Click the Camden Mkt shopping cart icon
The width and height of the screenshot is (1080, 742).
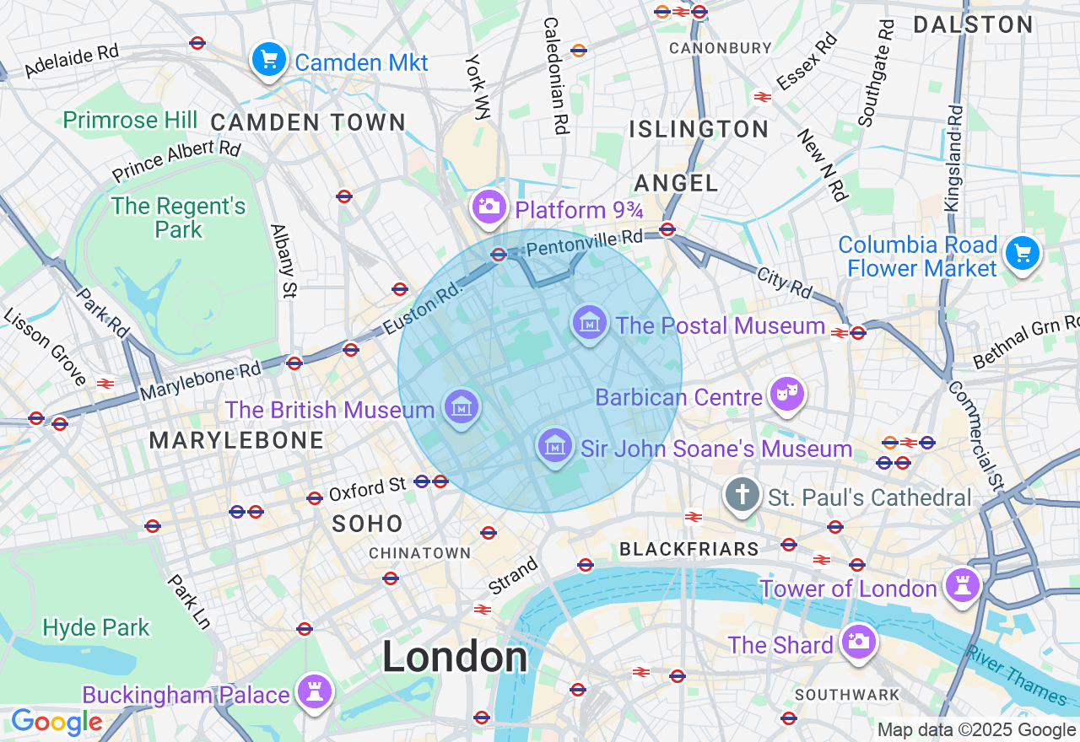(x=269, y=60)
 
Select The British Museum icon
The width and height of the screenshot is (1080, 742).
(x=462, y=409)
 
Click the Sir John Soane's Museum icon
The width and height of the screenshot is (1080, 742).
(x=554, y=446)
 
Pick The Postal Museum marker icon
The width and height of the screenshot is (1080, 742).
(x=590, y=323)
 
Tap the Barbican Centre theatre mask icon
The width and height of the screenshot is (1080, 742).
(x=786, y=395)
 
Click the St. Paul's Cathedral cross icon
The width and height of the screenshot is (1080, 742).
(x=742, y=495)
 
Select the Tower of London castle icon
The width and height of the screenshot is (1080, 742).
(x=962, y=584)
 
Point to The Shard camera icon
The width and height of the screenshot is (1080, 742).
(x=858, y=642)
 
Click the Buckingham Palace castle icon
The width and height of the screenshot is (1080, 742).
(x=315, y=691)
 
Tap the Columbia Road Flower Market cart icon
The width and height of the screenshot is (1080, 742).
(x=1022, y=253)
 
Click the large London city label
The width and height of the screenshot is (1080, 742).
(x=455, y=658)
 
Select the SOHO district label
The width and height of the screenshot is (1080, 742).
(x=367, y=524)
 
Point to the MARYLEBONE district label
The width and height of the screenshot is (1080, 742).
(x=236, y=440)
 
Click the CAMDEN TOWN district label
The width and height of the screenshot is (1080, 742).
(x=308, y=123)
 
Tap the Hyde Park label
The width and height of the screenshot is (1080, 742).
(x=96, y=627)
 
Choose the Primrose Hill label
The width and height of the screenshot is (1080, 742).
(x=130, y=120)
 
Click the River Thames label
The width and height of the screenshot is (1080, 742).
(x=1016, y=675)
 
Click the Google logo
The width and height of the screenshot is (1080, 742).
(x=56, y=723)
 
